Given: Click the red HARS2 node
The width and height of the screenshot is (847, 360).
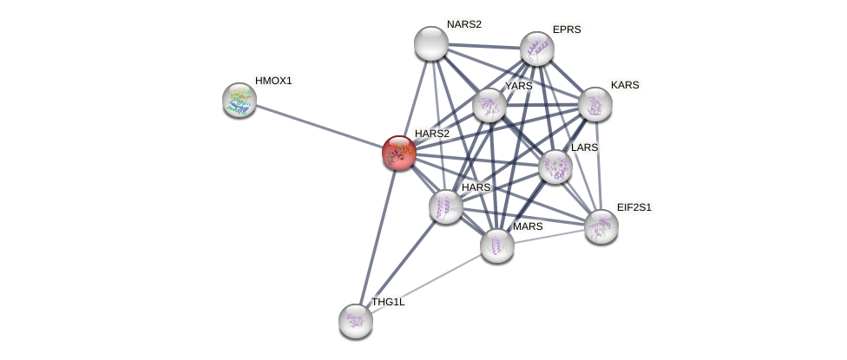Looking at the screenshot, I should pos(399,153).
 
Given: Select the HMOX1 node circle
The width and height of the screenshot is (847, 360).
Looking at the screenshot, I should pos(240,100).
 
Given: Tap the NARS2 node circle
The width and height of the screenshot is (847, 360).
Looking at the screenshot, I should pos(430,43).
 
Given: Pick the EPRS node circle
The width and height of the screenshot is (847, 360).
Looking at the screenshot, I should pos(537,49).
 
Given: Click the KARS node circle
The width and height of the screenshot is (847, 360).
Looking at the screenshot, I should pos(595,104).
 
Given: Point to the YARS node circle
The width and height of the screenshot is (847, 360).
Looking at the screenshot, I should pos(489,105).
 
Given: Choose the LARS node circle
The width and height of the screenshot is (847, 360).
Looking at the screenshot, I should pos(555,167).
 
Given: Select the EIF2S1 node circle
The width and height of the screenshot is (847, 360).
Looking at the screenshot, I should pos(601,226).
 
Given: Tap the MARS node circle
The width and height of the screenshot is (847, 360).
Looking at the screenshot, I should pos(497,245).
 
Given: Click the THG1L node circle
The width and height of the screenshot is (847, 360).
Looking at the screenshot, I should pos(356,320).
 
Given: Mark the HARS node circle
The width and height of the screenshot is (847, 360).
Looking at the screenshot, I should pos(446,206).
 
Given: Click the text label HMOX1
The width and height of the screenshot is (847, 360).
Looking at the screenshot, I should pos(273,81).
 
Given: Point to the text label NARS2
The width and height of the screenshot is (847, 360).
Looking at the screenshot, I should pos(463,24).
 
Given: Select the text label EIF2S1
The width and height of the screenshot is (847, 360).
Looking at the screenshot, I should pos(634,207).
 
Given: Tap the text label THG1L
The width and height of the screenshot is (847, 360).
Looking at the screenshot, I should pos(388,302).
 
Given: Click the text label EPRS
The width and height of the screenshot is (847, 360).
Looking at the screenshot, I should pos(567,29).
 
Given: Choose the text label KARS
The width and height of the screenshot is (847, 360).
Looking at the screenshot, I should pos(625,85).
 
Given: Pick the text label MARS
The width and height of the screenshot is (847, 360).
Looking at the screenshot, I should pos(527,226).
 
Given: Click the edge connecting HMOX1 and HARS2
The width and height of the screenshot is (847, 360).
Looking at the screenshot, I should pos(319,127).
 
